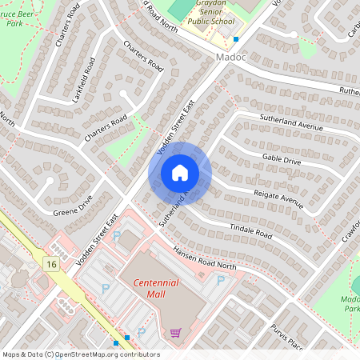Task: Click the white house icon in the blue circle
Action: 180,172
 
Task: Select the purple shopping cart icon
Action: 175,332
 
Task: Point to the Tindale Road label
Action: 252,232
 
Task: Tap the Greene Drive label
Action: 74,206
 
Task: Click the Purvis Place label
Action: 285,336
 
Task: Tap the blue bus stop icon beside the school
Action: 236,38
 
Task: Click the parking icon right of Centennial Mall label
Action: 221,280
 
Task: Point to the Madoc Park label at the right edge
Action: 350,304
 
